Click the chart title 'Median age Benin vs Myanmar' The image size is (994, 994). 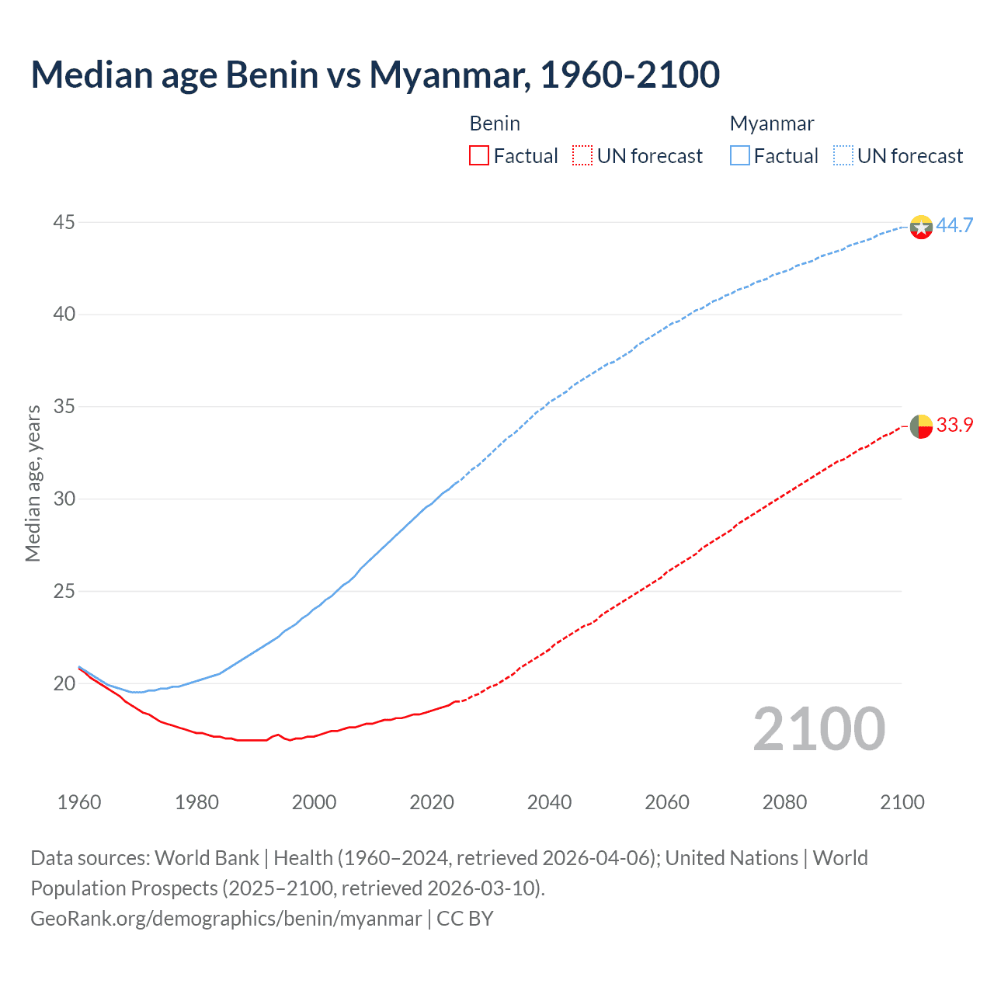pyautogui.click(x=375, y=75)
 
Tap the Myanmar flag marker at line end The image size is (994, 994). pyautogui.click(x=921, y=227)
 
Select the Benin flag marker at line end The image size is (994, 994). pyautogui.click(x=921, y=426)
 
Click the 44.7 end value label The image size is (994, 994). pyautogui.click(x=954, y=226)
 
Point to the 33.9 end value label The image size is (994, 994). pyautogui.click(x=954, y=426)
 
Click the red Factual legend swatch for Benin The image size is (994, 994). pyautogui.click(x=479, y=156)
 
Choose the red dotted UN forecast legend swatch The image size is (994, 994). pyautogui.click(x=582, y=156)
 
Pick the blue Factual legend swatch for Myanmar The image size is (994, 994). pyautogui.click(x=740, y=156)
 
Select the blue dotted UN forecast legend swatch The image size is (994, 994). pyautogui.click(x=843, y=156)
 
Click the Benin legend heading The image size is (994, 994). pyautogui.click(x=495, y=123)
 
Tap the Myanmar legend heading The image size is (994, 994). pyautogui.click(x=772, y=123)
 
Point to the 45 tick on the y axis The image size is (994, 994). pyautogui.click(x=64, y=223)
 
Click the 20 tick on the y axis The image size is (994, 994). pyautogui.click(x=64, y=684)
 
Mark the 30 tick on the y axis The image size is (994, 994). pyautogui.click(x=64, y=499)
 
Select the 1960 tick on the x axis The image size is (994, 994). pyautogui.click(x=79, y=802)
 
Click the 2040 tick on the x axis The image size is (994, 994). pyautogui.click(x=549, y=802)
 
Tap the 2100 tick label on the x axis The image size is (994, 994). pyautogui.click(x=902, y=802)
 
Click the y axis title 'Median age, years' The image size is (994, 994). pyautogui.click(x=33, y=483)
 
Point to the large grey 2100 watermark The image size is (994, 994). pyautogui.click(x=819, y=728)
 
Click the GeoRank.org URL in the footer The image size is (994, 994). pyautogui.click(x=226, y=919)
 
